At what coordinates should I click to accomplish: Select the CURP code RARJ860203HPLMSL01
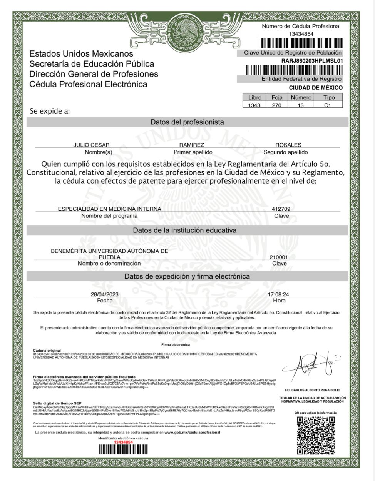pyautogui.click(x=312, y=61)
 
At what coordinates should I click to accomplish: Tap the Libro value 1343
pyautogui.click(x=254, y=105)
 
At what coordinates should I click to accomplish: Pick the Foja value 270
pyautogui.click(x=276, y=105)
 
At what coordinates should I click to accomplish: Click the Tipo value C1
pyautogui.click(x=328, y=105)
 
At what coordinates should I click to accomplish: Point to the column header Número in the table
pyautogui.click(x=301, y=97)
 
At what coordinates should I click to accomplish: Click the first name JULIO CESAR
pyautogui.click(x=92, y=145)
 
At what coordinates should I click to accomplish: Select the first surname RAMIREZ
pyautogui.click(x=192, y=145)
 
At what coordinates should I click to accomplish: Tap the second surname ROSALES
pyautogui.click(x=288, y=145)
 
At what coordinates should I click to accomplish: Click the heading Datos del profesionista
pyautogui.click(x=187, y=122)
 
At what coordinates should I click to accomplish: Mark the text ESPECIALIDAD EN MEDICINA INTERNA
pyautogui.click(x=109, y=209)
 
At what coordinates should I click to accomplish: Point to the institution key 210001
pyautogui.click(x=279, y=257)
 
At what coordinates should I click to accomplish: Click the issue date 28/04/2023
pyautogui.click(x=105, y=294)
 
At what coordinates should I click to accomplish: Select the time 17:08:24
pyautogui.click(x=278, y=294)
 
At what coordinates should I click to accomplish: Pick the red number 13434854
pyautogui.click(x=123, y=442)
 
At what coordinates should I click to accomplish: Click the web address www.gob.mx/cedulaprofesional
pyautogui.click(x=193, y=432)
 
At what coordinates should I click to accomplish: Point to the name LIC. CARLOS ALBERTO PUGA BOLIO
pyautogui.click(x=312, y=390)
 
